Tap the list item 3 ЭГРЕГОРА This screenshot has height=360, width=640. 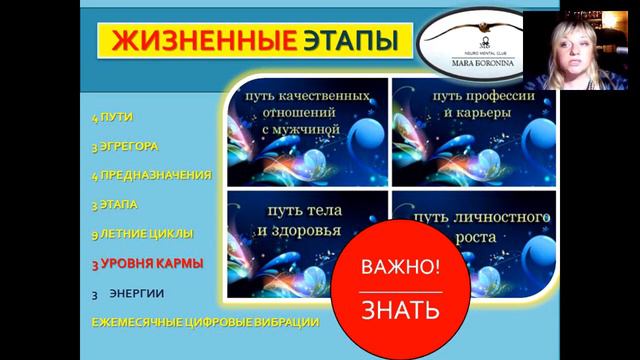[124, 146]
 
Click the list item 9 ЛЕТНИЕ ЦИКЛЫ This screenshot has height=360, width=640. [141, 234]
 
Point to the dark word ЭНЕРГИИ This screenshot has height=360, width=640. [139, 293]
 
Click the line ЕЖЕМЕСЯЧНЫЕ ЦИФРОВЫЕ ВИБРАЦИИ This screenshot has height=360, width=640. [204, 322]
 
